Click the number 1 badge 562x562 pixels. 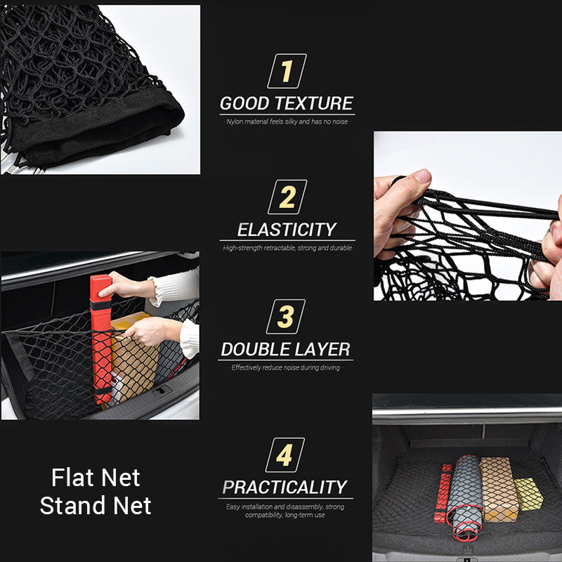click(287, 72)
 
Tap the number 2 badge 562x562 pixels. click(287, 197)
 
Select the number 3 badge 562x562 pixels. click(286, 317)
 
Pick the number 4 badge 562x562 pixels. click(285, 455)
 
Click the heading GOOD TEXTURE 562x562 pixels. click(286, 104)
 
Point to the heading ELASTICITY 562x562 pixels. click(287, 230)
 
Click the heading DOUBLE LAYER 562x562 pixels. click(285, 349)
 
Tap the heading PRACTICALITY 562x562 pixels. click(285, 487)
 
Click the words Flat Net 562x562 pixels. click(96, 478)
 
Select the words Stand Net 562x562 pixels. click(96, 506)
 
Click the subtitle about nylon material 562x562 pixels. click(286, 122)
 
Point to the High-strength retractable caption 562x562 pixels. click(287, 248)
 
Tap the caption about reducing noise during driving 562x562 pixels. click(285, 367)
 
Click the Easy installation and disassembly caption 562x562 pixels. click(285, 511)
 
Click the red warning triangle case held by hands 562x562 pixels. click(101, 337)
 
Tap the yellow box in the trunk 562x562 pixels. click(528, 493)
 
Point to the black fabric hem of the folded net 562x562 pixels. click(105, 133)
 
